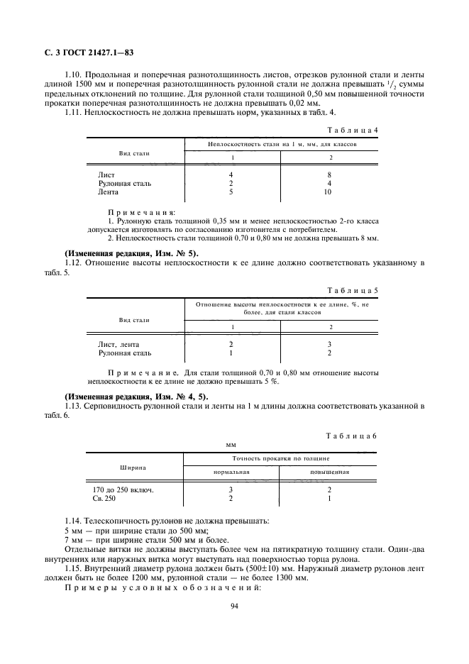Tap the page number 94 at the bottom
pyautogui.click(x=234, y=606)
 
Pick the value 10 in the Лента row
pyautogui.click(x=328, y=192)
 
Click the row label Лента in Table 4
pyautogui.click(x=109, y=192)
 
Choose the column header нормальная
pyautogui.click(x=232, y=472)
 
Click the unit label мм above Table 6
pyautogui.click(x=231, y=445)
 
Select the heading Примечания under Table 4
pyautogui.click(x=142, y=212)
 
